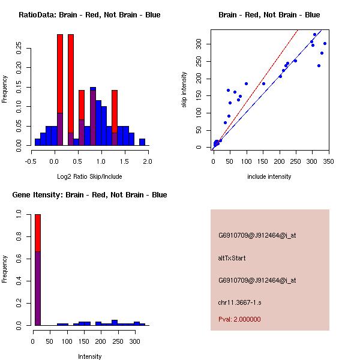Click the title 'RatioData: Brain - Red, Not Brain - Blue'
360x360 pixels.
pos(89,15)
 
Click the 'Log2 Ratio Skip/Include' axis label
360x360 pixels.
pos(89,176)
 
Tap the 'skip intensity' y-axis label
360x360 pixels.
pos(184,90)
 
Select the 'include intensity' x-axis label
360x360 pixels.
pos(269,176)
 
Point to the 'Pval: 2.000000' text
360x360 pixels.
pos(239,319)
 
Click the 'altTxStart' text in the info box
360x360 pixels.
pos(232,258)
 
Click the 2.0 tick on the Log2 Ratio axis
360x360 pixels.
pos(148,161)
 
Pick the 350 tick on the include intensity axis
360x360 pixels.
pos(327,160)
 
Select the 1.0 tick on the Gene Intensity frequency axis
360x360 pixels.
pos(20,214)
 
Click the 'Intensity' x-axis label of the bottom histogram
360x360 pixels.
pos(89,356)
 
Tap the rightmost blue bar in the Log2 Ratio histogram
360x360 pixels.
pos(142,142)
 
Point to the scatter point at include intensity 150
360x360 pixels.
pos(263,83)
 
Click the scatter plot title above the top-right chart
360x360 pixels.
pos(269,15)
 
